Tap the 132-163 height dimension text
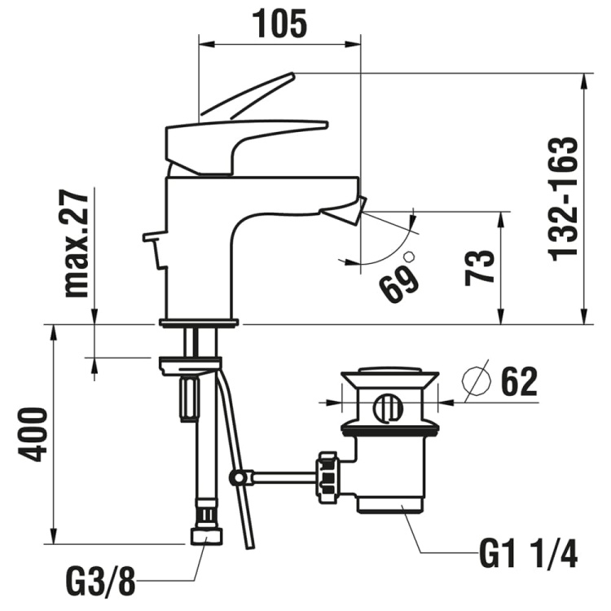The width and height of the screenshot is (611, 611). (564, 197)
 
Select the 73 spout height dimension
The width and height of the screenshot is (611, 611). (480, 266)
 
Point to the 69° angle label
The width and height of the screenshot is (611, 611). (398, 282)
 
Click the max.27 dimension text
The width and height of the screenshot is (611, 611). (76, 242)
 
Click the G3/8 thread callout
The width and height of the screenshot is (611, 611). (101, 583)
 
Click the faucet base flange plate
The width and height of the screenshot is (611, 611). (199, 323)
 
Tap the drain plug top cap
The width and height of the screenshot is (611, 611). (389, 379)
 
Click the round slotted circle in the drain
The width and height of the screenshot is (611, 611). (389, 407)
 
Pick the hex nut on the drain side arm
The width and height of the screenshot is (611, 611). (327, 478)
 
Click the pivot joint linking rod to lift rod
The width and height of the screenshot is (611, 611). (239, 477)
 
